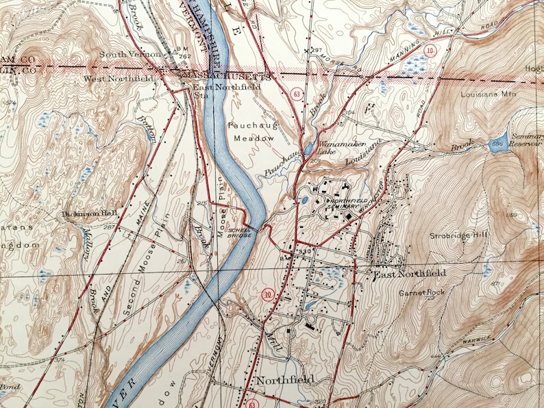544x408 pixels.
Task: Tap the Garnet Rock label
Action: [x=422, y=293]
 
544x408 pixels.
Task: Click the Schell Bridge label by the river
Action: [x=240, y=231]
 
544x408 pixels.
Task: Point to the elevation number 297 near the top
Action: [x=316, y=51]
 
